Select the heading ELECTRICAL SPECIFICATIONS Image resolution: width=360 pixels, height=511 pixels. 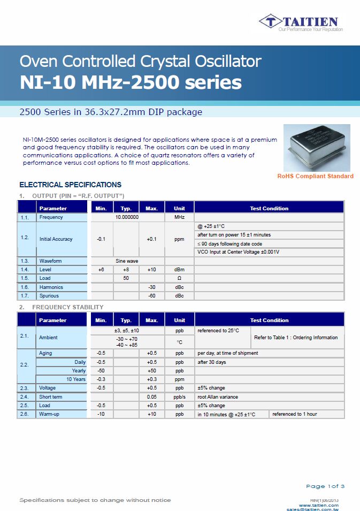(70, 185)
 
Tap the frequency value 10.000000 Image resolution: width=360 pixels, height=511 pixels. (127, 217)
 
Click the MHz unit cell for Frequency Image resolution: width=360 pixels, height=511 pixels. (179, 217)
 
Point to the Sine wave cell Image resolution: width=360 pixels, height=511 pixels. (127, 261)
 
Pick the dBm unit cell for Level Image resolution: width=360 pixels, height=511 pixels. (179, 270)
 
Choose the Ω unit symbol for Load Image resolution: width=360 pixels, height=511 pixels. (179, 278)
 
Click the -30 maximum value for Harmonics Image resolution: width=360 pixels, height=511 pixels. (151, 287)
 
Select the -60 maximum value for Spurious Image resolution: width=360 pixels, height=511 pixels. (151, 296)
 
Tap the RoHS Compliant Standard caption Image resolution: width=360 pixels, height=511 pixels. (315, 176)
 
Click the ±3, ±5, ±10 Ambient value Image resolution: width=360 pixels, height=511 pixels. (127, 331)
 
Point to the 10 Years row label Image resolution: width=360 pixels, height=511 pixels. (76, 379)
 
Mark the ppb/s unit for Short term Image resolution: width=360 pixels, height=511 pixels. (179, 397)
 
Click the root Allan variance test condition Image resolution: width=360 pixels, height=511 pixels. (218, 397)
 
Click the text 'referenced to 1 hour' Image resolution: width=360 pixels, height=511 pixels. (295, 414)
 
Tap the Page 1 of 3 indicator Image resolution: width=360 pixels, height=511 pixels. (325, 486)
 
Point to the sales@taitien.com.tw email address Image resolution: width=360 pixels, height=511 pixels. (312, 509)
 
